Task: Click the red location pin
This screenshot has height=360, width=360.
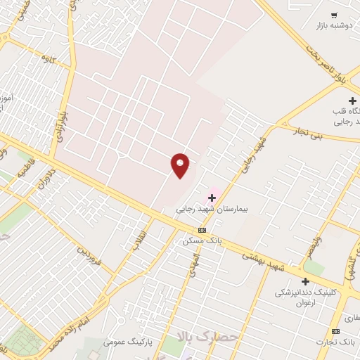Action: click(x=180, y=165)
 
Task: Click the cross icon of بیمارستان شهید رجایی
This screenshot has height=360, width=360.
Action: click(x=212, y=198)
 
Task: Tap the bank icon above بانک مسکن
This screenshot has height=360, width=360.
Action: click(x=202, y=230)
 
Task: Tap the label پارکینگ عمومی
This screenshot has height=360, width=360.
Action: click(x=124, y=342)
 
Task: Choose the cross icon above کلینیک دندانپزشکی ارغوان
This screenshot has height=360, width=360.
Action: click(x=305, y=281)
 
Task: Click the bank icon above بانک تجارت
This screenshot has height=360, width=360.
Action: click(x=335, y=331)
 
